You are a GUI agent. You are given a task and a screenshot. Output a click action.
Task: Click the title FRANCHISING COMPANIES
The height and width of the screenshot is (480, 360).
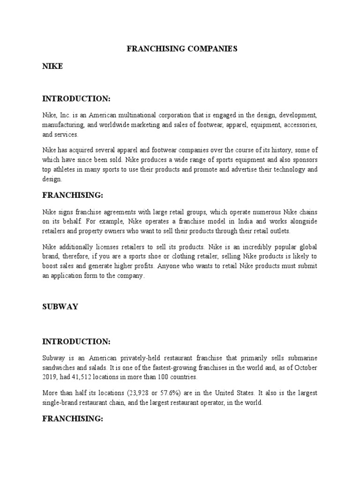point(180,48)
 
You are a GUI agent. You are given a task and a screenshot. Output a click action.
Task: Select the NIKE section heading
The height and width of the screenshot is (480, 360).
point(52,67)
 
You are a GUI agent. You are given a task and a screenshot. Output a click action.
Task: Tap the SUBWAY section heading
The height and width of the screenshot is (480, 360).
point(60,307)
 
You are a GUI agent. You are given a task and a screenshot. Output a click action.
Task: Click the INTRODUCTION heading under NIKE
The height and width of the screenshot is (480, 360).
point(76,98)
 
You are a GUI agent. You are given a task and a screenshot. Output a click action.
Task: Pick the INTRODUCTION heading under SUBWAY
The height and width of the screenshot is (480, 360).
point(76,341)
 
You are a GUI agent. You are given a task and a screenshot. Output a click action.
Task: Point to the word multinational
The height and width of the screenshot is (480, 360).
point(150,115)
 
